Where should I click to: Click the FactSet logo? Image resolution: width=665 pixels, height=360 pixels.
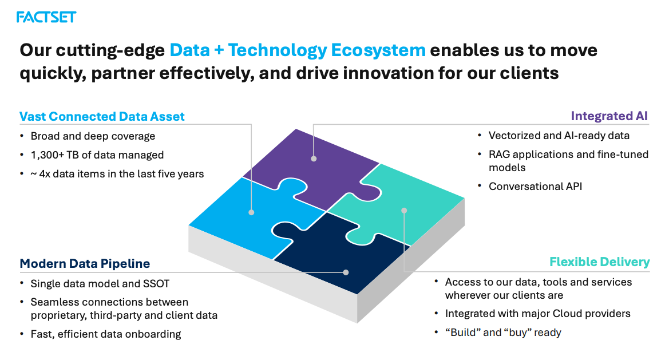[x=46, y=17]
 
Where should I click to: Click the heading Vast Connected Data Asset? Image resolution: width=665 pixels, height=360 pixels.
[x=102, y=117]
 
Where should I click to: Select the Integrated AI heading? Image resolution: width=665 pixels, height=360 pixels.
[x=609, y=116]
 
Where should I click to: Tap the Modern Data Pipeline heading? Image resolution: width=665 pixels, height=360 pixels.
[x=85, y=264]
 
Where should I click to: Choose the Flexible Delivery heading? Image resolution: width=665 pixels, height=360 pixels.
[x=599, y=262]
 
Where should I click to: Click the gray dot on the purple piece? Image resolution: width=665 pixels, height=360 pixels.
[x=314, y=159]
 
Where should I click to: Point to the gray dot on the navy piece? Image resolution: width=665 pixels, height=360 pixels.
[x=346, y=272]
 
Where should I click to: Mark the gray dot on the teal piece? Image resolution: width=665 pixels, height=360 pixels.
[x=404, y=210]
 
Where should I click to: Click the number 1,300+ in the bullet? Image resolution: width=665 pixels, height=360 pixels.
[x=47, y=155]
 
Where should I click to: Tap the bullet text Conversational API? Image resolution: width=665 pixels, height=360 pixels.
[x=535, y=187]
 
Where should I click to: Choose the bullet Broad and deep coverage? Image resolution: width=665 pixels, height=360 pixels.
[x=93, y=136]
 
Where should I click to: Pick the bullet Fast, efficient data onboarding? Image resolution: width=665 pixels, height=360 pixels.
[x=106, y=335]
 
